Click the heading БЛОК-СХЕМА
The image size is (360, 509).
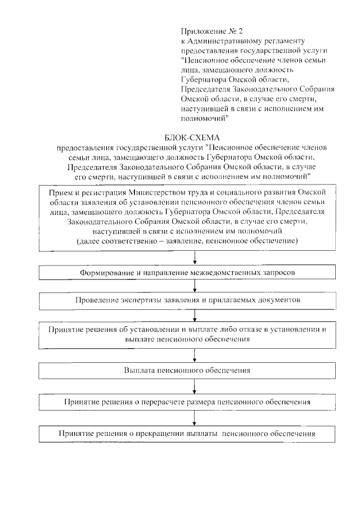pos(193,137)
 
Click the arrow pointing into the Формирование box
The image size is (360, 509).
pos(195,257)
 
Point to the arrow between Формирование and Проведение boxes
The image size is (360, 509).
pos(195,286)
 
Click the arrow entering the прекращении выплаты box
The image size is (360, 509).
pos(195,418)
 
